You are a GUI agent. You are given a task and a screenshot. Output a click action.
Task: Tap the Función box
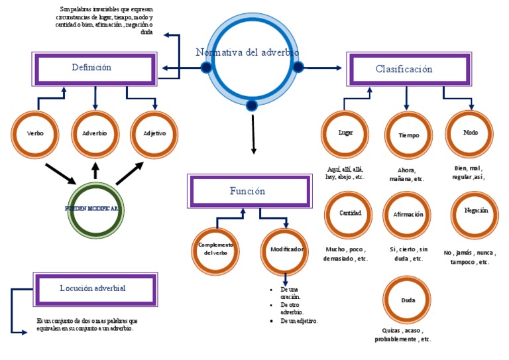248,192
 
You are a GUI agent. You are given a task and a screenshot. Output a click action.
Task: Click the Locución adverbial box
94,288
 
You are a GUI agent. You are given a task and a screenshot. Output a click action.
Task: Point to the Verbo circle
36,134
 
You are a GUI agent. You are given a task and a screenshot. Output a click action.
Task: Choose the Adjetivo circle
154,134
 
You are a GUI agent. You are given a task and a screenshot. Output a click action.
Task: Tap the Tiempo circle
409,135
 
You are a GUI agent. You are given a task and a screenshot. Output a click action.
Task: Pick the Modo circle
471,133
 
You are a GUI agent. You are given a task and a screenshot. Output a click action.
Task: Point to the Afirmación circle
408,215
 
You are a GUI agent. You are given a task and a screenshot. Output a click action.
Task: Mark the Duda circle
408,301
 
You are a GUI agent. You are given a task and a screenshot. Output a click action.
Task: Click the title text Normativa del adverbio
247,52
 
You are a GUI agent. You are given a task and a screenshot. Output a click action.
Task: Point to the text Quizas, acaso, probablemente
403,335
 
